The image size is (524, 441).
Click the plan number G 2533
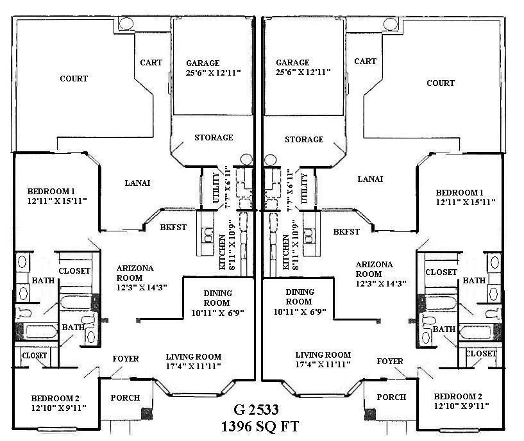pyautogui.click(x=261, y=409)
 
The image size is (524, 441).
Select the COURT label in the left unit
pyautogui.click(x=74, y=79)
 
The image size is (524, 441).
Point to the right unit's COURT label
pyautogui.click(x=441, y=83)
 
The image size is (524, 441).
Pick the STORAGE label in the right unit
pyautogui.click(x=304, y=140)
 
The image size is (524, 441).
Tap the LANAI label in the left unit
pyautogui.click(x=137, y=183)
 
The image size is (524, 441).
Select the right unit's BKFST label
pyautogui.click(x=346, y=231)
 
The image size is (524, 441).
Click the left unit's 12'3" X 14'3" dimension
pyautogui.click(x=142, y=287)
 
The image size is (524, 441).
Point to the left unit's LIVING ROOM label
pyautogui.click(x=194, y=357)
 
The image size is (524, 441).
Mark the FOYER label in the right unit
pyautogui.click(x=390, y=362)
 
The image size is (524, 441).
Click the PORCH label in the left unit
pyautogui.click(x=125, y=397)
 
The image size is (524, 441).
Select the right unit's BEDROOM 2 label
pyautogui.click(x=457, y=396)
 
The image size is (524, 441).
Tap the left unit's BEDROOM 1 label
pyautogui.click(x=51, y=192)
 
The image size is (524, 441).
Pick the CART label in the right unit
pyautogui.click(x=365, y=62)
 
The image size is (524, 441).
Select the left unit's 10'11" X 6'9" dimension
pyautogui.click(x=217, y=313)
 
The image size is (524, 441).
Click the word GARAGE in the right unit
pyautogui.click(x=292, y=63)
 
